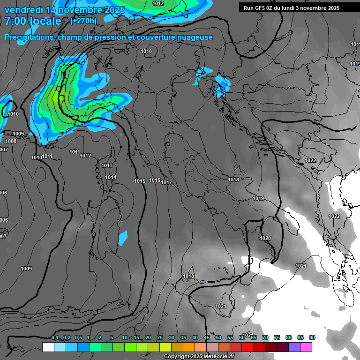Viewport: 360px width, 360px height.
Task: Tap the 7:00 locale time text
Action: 33,21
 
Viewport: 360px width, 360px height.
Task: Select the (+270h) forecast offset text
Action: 83,21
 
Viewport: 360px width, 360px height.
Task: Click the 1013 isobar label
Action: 107,165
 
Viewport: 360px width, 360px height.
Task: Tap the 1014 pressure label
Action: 111,177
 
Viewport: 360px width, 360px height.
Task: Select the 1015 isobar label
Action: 140,181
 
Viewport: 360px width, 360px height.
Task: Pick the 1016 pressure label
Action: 155,180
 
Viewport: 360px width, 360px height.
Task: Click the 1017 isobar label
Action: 166,182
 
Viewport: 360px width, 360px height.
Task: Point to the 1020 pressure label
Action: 265,238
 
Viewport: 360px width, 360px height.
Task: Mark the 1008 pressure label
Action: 11,141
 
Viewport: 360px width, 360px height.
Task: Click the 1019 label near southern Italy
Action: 258,198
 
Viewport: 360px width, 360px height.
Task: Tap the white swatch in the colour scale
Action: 48,347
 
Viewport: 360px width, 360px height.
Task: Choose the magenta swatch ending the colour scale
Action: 307,347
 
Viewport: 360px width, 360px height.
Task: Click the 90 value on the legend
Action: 312,338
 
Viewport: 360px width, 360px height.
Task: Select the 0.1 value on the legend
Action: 54,338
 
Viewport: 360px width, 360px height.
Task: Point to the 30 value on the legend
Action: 172,338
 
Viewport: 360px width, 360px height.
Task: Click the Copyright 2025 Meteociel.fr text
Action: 199,356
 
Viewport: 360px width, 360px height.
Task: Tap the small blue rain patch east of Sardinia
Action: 123,238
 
